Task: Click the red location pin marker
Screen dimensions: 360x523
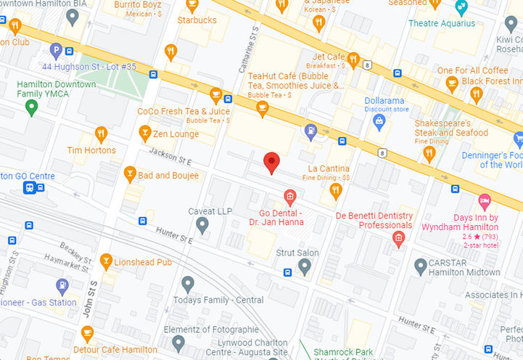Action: (x=271, y=163)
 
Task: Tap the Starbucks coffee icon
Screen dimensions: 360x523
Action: (x=192, y=7)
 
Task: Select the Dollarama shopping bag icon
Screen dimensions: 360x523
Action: (x=378, y=123)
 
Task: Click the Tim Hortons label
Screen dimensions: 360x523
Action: (x=91, y=150)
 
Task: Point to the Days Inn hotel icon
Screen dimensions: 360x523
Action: (x=485, y=200)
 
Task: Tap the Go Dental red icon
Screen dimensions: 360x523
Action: (x=289, y=196)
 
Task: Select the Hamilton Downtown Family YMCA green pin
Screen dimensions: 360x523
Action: (x=30, y=108)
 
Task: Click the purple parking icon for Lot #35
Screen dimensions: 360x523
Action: (x=56, y=51)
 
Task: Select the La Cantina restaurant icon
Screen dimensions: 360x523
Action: (x=335, y=191)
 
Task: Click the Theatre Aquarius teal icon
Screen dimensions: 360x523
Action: (x=461, y=8)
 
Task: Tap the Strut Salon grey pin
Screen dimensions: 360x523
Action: (x=305, y=267)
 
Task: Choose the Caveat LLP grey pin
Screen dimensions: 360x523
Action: (x=202, y=226)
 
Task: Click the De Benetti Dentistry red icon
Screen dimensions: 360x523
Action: (x=398, y=239)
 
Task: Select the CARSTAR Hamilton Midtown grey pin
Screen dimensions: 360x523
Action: (x=421, y=266)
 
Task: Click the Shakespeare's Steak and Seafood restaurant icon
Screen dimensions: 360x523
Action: (x=429, y=152)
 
